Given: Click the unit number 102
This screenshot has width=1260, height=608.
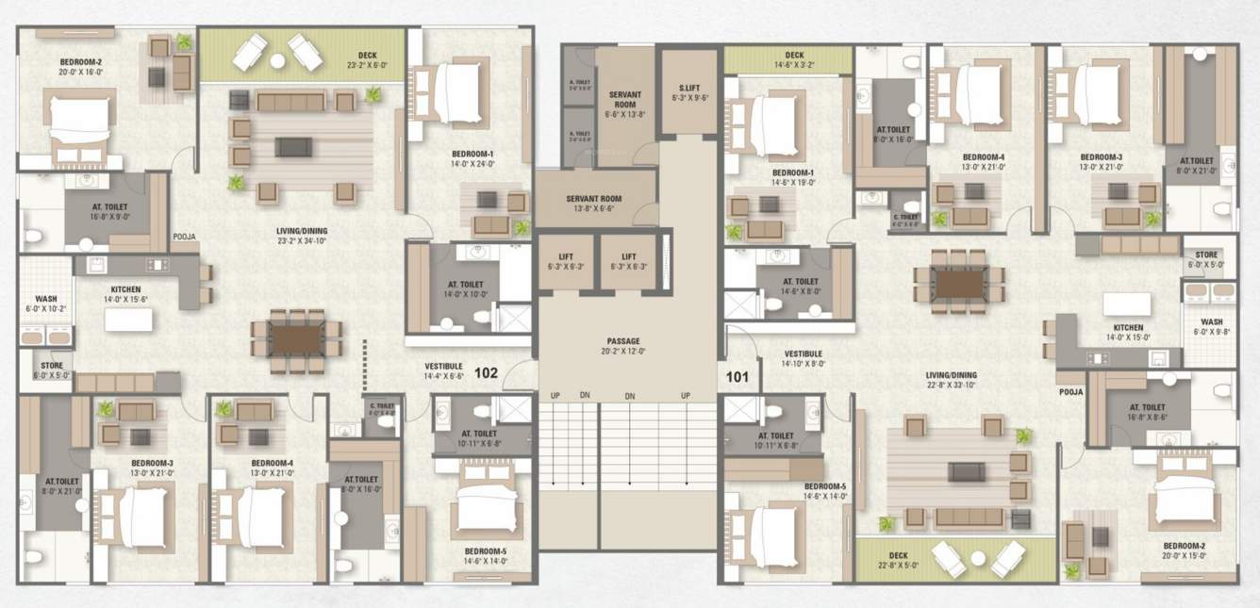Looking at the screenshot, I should [486, 372].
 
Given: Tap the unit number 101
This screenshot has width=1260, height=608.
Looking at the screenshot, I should [737, 377].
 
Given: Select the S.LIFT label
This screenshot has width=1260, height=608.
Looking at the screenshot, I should [688, 90].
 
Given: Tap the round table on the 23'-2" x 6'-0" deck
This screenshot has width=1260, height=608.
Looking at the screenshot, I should [277, 59].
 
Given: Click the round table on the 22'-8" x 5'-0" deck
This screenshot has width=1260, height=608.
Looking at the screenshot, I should [978, 559].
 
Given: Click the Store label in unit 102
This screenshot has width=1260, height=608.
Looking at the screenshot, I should [51, 369].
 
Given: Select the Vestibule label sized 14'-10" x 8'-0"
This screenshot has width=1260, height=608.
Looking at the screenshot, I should [803, 359].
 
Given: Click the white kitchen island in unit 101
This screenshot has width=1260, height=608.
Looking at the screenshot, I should [1126, 304].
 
